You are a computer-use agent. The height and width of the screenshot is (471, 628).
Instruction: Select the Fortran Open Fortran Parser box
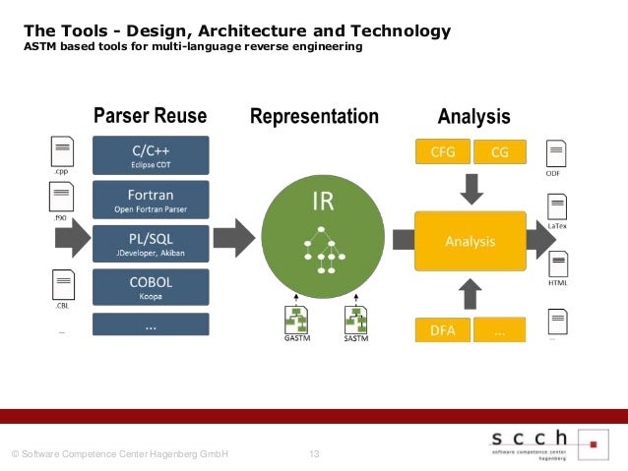151,200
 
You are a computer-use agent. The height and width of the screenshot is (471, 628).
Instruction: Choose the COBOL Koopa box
151,286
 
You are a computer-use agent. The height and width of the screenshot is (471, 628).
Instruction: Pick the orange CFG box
443,152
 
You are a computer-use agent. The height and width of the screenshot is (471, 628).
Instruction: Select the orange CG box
499,152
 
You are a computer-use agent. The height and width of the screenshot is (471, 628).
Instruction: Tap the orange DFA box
443,331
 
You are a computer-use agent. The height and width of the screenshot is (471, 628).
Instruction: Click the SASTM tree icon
356,319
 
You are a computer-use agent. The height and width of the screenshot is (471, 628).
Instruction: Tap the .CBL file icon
62,287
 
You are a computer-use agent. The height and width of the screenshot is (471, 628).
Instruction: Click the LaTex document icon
557,207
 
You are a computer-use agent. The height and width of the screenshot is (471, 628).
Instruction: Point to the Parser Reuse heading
150,118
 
